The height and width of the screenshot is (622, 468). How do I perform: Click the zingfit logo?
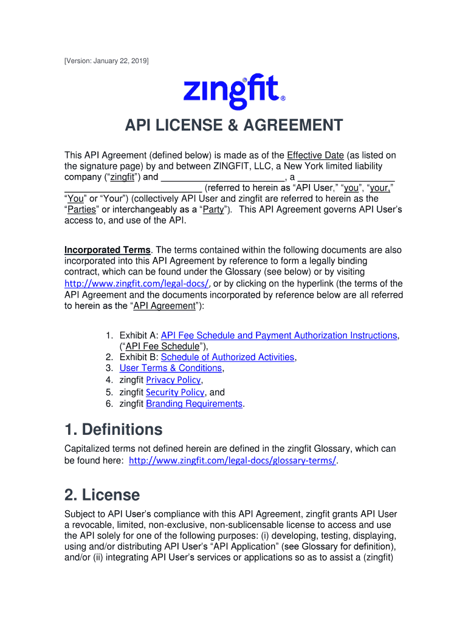point(232,92)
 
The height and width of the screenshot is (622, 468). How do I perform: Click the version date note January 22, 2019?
point(106,61)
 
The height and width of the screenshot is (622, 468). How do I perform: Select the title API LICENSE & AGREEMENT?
point(234,126)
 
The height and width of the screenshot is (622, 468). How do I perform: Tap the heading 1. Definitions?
point(114,429)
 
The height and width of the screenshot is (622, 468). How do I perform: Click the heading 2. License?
point(102,495)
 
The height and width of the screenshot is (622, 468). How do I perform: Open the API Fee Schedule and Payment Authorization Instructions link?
point(279,335)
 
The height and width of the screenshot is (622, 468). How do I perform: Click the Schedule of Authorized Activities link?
point(227,357)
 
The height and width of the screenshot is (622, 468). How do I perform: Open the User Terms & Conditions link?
point(171,368)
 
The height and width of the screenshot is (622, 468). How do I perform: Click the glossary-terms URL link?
point(233,460)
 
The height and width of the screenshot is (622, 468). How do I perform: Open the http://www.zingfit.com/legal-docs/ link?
point(137,284)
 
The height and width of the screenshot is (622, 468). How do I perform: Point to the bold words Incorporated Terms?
point(108,250)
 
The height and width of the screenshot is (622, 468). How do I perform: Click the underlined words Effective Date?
point(315,155)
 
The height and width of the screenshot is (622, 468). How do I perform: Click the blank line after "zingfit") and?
point(224,177)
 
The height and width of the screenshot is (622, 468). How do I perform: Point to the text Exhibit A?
point(139,335)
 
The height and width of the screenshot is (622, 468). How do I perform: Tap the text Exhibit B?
point(139,357)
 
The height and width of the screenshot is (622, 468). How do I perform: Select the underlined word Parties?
point(81,210)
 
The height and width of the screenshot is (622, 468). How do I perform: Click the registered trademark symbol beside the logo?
point(283,98)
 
